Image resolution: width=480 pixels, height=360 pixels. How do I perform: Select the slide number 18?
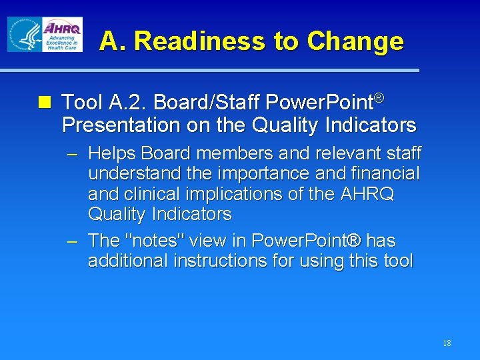click(446, 343)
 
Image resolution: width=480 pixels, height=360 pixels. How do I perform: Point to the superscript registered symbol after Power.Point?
click(378, 99)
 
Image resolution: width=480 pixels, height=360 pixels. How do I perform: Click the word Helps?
click(110, 154)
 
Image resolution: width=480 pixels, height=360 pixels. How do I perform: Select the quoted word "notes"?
click(150, 240)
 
